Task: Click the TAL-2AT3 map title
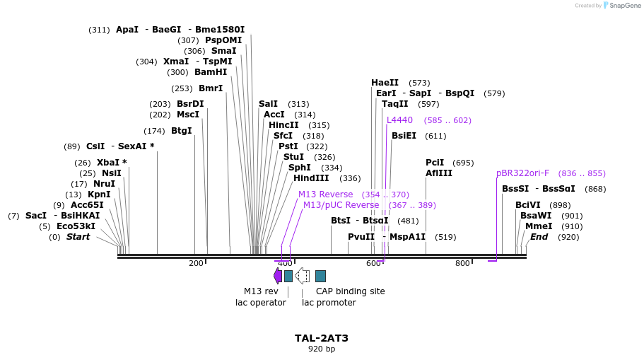322,338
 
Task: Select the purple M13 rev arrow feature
278,276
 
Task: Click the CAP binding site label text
350,291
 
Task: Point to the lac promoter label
329,303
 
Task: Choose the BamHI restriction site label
211,72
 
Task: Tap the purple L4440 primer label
399,120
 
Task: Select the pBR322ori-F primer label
522,173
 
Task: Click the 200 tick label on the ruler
196,263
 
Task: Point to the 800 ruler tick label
462,263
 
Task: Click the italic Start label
78,237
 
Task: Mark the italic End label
539,237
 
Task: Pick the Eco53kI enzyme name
76,226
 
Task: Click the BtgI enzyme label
181,131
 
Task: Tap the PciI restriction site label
435,163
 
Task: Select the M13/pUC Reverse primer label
341,205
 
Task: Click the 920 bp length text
322,349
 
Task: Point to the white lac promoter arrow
302,276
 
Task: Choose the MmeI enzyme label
534,226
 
